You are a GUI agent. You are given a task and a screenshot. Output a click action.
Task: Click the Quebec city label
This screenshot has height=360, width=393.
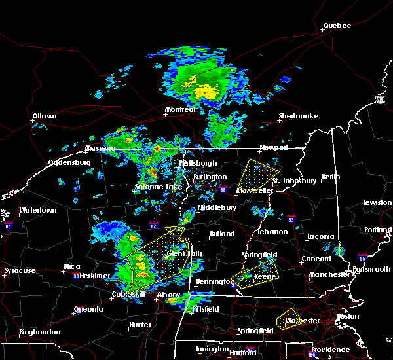[337, 26]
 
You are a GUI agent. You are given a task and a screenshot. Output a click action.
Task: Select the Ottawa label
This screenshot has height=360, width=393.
[45, 117]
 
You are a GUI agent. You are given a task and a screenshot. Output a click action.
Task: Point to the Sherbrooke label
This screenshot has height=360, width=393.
[299, 116]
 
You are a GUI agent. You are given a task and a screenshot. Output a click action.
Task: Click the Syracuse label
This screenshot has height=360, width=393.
[20, 270]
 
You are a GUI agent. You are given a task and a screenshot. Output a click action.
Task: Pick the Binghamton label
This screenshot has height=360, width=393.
[40, 332]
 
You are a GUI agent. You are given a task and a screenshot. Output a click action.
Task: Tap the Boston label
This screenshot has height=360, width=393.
[347, 317]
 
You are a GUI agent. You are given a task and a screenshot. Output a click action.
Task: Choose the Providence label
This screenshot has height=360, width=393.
[330, 350]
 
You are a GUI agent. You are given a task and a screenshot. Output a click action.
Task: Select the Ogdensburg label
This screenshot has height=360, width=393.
[69, 163]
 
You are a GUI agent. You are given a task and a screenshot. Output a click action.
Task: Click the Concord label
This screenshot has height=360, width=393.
[316, 259]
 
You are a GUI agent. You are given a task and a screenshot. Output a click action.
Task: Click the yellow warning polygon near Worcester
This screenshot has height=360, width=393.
[288, 319]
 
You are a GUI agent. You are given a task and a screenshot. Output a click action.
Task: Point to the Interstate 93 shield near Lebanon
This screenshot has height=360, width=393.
[291, 220]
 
